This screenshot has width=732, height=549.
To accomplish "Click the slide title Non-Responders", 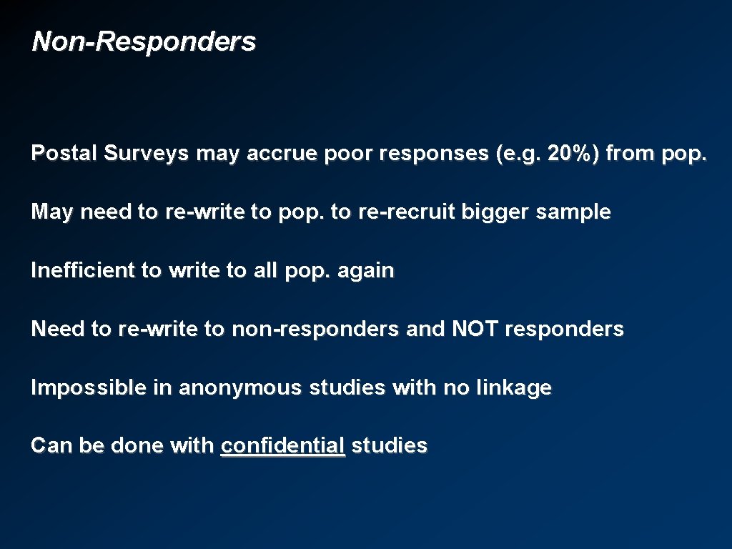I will pos(144,41).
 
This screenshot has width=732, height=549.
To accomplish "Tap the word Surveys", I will pos(147,154).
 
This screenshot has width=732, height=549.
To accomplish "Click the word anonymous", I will pos(242,388).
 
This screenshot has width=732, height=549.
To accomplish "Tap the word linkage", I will pos(514,388).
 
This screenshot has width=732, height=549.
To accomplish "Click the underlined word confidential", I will pos(283,446).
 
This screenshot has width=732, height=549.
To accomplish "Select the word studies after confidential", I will pos(389,446).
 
